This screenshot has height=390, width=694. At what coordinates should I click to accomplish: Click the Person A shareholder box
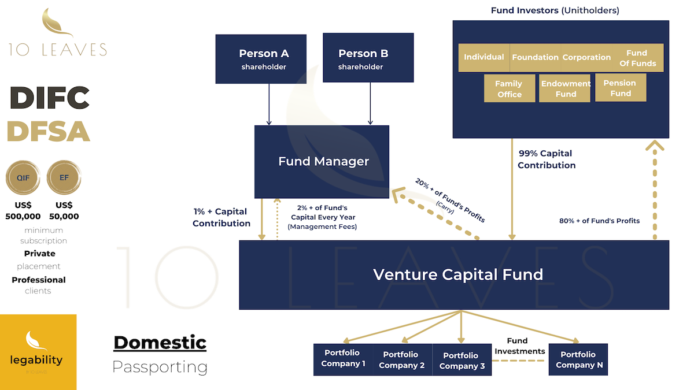click(x=264, y=58)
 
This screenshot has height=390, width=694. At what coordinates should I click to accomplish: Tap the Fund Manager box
click(x=322, y=161)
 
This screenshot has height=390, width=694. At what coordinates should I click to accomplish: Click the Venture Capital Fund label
click(x=457, y=274)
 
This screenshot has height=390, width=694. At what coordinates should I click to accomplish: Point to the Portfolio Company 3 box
click(x=461, y=359)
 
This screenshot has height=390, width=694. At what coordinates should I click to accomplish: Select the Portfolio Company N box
click(x=578, y=359)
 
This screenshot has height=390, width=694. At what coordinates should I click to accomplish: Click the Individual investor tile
click(x=484, y=57)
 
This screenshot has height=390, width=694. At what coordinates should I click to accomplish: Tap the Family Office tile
click(x=510, y=88)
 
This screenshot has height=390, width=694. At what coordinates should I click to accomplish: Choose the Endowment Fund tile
click(x=565, y=88)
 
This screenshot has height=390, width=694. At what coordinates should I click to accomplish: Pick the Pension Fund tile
click(x=621, y=88)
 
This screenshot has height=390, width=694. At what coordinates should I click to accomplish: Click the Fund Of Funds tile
click(x=637, y=57)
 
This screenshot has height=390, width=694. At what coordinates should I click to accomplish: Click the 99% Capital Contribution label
click(x=546, y=159)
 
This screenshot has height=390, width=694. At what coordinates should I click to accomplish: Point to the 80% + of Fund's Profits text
click(x=599, y=221)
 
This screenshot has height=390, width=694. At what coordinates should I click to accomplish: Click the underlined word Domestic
click(x=160, y=342)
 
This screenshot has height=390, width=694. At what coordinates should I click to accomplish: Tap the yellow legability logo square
click(x=38, y=352)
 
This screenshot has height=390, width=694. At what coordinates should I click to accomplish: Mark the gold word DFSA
click(x=49, y=132)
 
